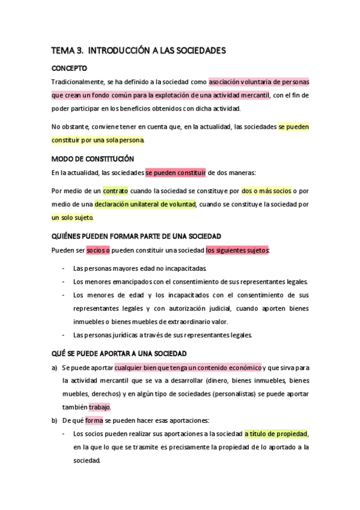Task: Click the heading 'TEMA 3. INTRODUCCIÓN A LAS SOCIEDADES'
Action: point(138,51)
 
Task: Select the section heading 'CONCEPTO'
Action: point(69,68)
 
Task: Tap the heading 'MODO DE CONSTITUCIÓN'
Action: point(92,159)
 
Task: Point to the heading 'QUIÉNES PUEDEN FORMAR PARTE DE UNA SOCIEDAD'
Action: point(136,236)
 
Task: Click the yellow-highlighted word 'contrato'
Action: point(115,191)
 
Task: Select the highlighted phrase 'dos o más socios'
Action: point(266,191)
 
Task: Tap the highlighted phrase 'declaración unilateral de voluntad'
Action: point(145,204)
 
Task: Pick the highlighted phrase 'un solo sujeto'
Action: point(73,218)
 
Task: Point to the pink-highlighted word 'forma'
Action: point(94,420)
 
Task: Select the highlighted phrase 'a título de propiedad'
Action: point(276,434)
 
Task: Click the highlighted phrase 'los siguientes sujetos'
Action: point(237,250)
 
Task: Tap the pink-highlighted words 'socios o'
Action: point(97,250)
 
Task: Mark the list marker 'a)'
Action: point(54,367)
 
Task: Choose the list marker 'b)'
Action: point(54,420)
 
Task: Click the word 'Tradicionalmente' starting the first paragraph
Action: point(78,81)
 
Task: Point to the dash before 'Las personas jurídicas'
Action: point(64,335)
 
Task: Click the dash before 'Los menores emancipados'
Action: point(64,281)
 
